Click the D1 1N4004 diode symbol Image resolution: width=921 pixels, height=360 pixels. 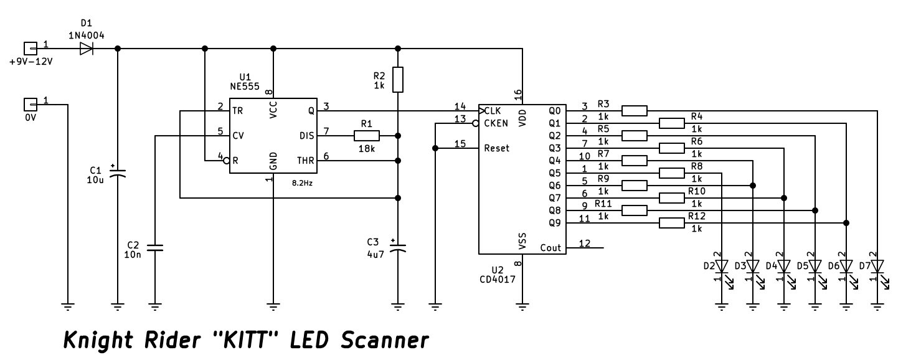(86, 49)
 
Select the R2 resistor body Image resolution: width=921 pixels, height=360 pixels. (397, 79)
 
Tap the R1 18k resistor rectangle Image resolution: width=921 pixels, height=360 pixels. (366, 135)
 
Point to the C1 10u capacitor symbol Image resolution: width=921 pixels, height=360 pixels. (118, 173)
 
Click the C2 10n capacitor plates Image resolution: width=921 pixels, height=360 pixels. (155, 248)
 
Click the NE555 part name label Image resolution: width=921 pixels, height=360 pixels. (245, 87)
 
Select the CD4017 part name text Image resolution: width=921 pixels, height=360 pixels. (497, 280)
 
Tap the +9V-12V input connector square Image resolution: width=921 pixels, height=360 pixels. (31, 49)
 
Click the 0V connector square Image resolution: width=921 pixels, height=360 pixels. (31, 105)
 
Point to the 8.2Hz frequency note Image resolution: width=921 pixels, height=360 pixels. (302, 183)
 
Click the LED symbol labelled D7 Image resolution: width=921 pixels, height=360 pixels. (878, 272)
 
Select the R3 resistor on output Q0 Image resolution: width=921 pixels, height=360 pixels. (634, 111)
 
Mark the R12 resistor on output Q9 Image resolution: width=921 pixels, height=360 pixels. (671, 223)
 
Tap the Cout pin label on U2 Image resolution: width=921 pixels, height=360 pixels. (550, 248)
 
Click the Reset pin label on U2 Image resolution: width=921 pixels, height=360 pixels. (497, 148)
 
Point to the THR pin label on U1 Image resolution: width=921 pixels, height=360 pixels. (306, 161)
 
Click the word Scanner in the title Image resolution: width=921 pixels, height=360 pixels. (385, 340)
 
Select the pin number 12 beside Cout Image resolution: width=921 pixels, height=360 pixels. (585, 243)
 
